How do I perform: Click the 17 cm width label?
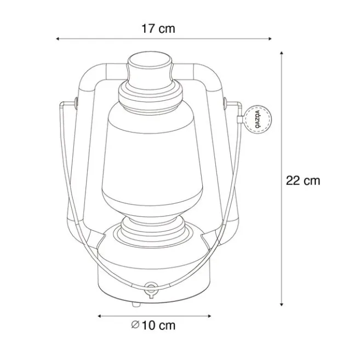(158, 28)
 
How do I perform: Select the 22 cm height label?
(302, 180)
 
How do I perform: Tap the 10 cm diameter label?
(158, 325)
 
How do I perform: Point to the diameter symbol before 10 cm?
(135, 325)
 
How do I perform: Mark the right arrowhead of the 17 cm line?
(270, 39)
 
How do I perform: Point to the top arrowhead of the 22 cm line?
(282, 54)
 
